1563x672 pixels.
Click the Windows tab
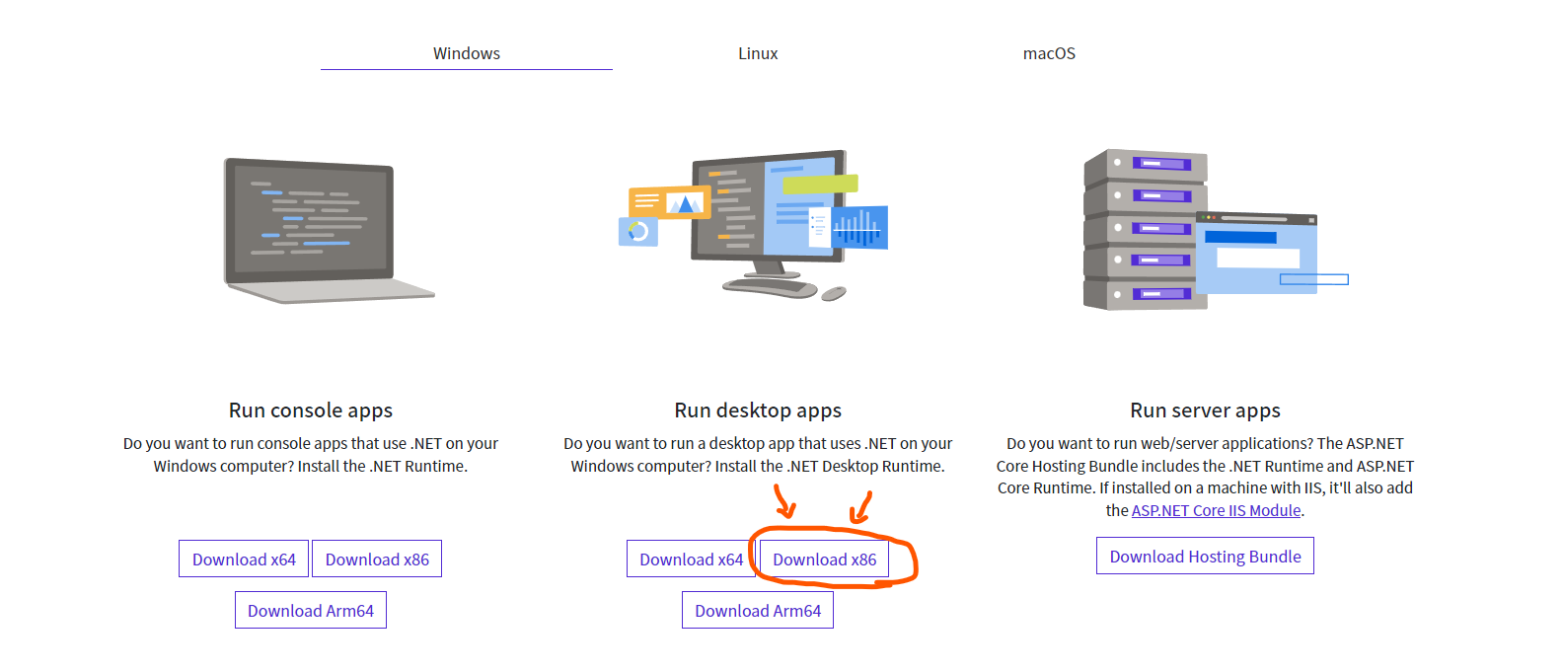point(466,53)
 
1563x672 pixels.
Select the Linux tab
point(758,53)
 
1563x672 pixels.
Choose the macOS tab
point(1049,53)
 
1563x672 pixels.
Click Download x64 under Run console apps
point(244,560)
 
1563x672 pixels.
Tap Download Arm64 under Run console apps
point(311,611)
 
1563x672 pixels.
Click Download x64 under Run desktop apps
point(691,560)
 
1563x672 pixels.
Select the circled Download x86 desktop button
point(824,560)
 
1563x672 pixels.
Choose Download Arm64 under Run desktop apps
point(758,611)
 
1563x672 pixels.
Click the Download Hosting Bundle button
point(1205,557)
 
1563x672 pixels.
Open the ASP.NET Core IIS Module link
point(1216,510)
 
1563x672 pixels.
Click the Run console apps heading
point(311,411)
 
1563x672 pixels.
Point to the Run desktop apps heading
point(758,411)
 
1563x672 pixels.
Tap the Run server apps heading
point(1205,411)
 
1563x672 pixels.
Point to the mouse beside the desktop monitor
point(834,293)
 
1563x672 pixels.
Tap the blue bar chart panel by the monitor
point(859,228)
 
